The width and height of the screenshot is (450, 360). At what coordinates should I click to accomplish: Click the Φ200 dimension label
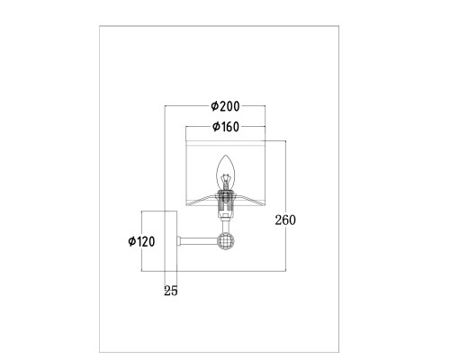click(x=225, y=106)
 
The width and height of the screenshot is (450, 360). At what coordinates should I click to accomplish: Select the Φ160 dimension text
click(x=226, y=127)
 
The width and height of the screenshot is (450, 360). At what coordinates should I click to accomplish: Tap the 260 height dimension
click(x=285, y=220)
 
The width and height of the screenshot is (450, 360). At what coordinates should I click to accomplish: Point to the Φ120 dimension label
click(x=141, y=241)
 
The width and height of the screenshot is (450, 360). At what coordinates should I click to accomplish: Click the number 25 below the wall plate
click(x=171, y=291)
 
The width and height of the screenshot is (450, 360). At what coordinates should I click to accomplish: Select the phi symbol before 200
click(x=214, y=106)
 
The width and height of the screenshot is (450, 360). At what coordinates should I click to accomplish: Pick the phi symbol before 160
click(x=216, y=127)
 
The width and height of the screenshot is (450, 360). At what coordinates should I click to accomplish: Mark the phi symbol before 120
click(x=132, y=241)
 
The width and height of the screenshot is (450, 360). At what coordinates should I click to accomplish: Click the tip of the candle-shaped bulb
click(x=226, y=155)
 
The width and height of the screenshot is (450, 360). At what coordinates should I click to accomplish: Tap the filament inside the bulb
click(x=225, y=181)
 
